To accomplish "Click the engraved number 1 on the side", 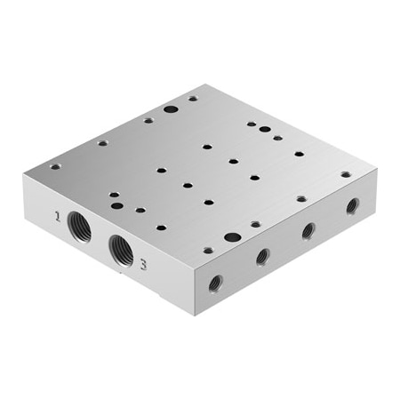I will (x=58, y=215).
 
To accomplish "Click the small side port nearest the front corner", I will (x=215, y=284).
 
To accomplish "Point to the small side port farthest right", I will (x=353, y=205).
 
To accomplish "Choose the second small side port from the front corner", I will (x=262, y=257).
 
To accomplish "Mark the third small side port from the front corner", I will (x=308, y=230).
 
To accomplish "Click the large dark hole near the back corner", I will (x=171, y=111).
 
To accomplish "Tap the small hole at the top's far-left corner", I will (x=55, y=166).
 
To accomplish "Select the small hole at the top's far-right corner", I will (x=346, y=174).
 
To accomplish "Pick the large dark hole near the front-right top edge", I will (x=232, y=237).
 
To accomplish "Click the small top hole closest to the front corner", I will (x=206, y=252).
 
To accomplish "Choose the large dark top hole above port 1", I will (x=116, y=205).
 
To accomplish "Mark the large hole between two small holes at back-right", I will (x=265, y=130).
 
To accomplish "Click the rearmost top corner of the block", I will (x=207, y=85).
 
